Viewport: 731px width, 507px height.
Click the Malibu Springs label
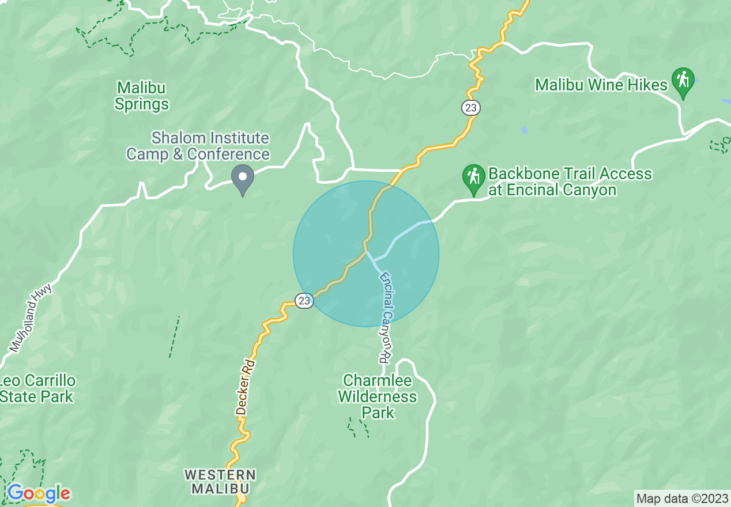pyautogui.click(x=141, y=96)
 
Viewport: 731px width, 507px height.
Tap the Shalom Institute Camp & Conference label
pyautogui.click(x=198, y=146)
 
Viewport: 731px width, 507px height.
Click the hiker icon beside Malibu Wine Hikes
pyautogui.click(x=683, y=82)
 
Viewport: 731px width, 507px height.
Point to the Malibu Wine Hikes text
pyautogui.click(x=601, y=85)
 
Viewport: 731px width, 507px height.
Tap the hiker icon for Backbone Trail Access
pyautogui.click(x=474, y=177)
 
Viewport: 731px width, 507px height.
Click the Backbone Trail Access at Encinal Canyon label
pyautogui.click(x=570, y=181)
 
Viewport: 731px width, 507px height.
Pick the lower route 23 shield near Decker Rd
pyautogui.click(x=304, y=300)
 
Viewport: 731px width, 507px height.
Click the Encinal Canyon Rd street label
pyautogui.click(x=386, y=317)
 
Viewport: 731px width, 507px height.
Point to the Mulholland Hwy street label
pyautogui.click(x=31, y=317)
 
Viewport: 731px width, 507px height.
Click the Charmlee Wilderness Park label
pyautogui.click(x=378, y=396)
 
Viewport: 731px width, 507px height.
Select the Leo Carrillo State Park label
pyautogui.click(x=37, y=389)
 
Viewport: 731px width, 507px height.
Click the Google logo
pyautogui.click(x=39, y=494)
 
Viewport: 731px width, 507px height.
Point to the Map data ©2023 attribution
pyautogui.click(x=682, y=498)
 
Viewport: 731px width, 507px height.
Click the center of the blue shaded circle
pyautogui.click(x=366, y=253)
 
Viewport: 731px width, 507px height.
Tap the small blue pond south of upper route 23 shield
pyautogui.click(x=524, y=130)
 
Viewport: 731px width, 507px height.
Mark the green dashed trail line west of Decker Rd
pyautogui.click(x=174, y=337)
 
